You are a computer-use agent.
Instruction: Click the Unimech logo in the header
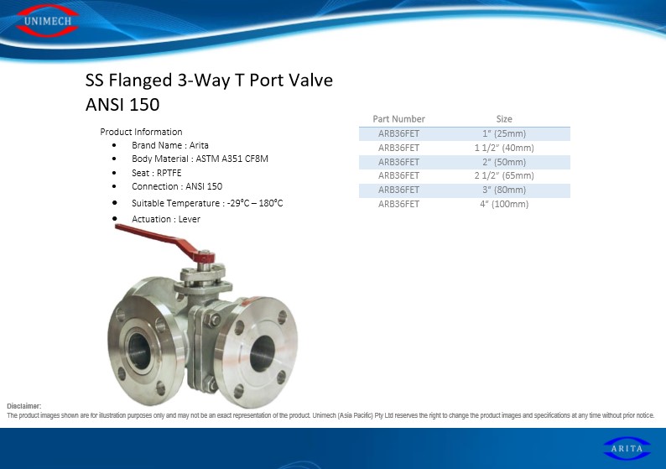47,21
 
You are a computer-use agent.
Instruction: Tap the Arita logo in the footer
627,448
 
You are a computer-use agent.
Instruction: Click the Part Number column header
398,119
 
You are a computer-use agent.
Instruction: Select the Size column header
504,119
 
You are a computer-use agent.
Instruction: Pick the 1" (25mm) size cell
504,133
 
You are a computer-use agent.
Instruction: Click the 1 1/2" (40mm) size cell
504,148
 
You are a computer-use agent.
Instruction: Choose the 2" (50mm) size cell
504,162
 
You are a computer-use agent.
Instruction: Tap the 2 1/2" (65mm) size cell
504,175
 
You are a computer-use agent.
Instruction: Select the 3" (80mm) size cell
504,190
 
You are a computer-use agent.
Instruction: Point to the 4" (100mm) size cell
504,204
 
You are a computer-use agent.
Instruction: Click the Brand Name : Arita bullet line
170,145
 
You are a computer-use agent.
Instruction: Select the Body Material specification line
200,159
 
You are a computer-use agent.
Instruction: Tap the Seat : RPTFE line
156,173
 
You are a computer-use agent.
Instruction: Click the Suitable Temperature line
207,203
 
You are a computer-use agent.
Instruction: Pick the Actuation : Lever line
165,219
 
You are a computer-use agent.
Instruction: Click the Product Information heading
141,132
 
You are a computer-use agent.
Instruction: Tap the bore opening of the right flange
262,353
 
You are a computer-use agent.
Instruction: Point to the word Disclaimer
23,406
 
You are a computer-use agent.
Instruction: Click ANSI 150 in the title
122,105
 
